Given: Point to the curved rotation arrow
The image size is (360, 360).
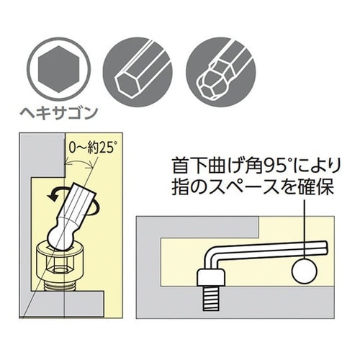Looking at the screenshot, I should coord(55,195).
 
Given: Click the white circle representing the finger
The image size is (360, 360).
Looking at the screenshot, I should coord(305,272).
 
